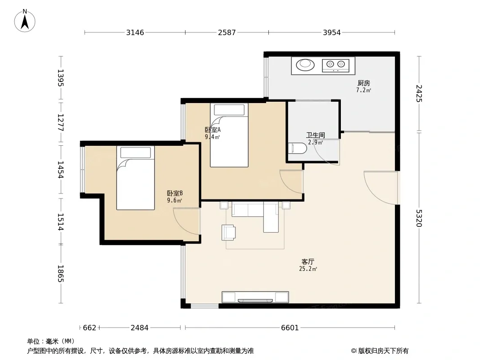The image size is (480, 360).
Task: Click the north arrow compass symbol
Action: [x=25, y=21]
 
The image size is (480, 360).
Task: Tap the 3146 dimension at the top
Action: [x=135, y=32]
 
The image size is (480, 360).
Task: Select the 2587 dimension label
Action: [x=227, y=32]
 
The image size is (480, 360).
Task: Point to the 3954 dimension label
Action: [x=332, y=32]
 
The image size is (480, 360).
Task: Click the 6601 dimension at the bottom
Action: [x=290, y=328]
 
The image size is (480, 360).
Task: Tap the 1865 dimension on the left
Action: [x=60, y=274]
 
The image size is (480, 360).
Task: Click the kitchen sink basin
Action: [x=305, y=65]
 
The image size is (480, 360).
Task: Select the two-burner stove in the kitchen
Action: [x=335, y=65]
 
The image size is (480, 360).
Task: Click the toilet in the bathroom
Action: [x=298, y=148]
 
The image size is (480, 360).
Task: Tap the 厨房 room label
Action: [x=364, y=83]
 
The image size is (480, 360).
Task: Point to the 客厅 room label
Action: [x=308, y=261]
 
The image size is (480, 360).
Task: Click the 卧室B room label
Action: [x=175, y=193]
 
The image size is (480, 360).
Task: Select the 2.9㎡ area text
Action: [x=315, y=142]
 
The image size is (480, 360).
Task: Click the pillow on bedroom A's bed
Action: [x=229, y=109]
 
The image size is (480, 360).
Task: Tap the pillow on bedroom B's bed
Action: [x=136, y=152]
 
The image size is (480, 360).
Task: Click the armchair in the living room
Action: [x=228, y=233]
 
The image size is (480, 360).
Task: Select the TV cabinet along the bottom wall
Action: [x=255, y=297]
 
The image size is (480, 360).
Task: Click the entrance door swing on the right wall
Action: [x=381, y=188]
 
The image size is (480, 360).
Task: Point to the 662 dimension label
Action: [x=90, y=328]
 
